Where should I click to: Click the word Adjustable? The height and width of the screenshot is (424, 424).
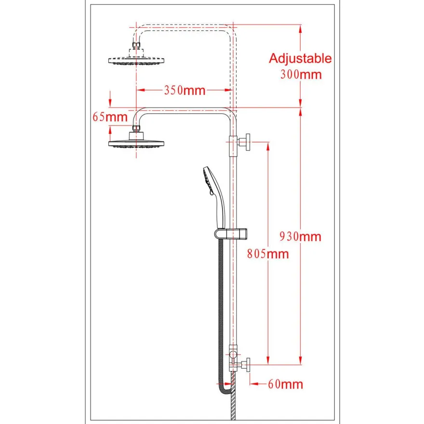pos(300,59)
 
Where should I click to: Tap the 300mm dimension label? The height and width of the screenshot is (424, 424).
pos(301,75)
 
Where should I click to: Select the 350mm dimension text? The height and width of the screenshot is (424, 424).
pos(185,90)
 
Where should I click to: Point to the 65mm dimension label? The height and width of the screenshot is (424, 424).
pos(110,117)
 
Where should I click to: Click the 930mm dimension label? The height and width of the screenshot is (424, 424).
pos(301,237)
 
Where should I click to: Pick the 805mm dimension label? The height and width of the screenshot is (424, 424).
pos(268,254)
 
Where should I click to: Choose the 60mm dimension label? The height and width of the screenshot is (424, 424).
pos(286,384)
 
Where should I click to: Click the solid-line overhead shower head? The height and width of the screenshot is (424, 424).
pos(136,140)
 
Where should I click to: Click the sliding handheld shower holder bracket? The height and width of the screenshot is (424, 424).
pos(231,234)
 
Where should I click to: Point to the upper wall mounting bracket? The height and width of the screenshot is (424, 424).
pos(239,142)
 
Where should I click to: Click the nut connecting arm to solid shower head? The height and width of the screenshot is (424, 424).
pos(136,128)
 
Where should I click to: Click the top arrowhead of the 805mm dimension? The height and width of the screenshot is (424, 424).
pos(268,146)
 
